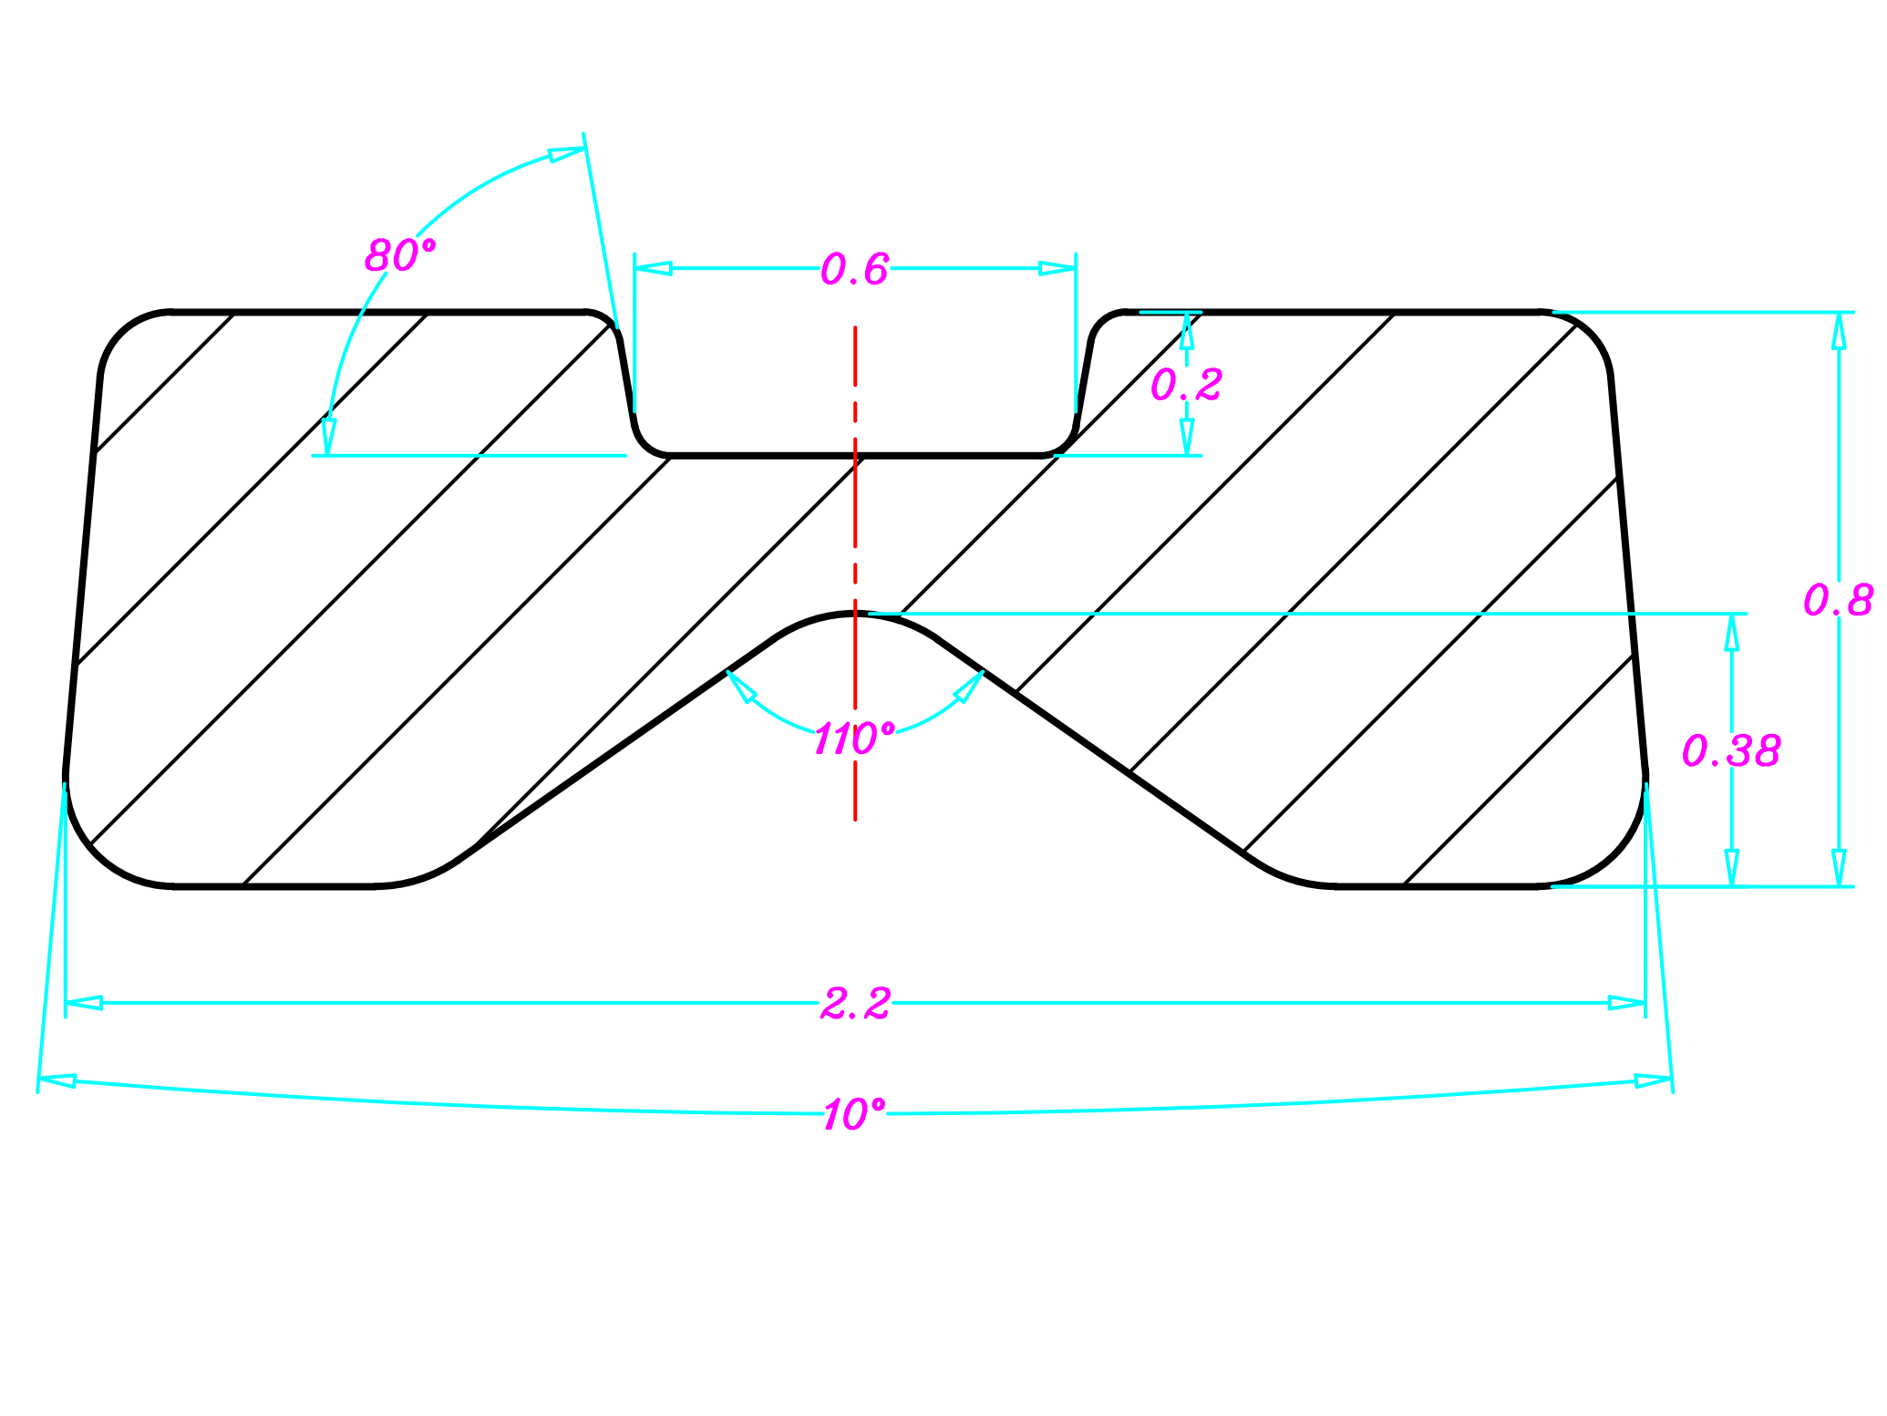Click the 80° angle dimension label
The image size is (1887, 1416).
point(400,255)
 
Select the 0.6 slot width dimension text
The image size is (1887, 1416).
point(854,269)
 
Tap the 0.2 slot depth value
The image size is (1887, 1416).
point(1185,385)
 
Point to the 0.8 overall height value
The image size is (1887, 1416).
point(1838,600)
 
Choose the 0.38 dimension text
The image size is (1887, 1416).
point(1730,750)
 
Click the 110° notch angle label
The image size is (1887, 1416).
point(854,738)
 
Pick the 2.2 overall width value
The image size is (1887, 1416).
point(854,1004)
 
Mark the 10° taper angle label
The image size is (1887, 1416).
point(854,1114)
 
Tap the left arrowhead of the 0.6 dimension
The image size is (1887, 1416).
point(653,268)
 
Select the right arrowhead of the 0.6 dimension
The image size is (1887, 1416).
point(1057,268)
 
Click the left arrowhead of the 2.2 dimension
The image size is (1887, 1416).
point(84,1003)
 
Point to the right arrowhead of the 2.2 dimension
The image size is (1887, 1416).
point(1627,1003)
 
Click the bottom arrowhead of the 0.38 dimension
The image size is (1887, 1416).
point(1732,867)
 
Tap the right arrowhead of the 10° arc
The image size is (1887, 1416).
point(1653,1081)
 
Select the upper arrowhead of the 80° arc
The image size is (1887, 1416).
point(566,154)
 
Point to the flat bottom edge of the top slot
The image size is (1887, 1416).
point(855,454)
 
